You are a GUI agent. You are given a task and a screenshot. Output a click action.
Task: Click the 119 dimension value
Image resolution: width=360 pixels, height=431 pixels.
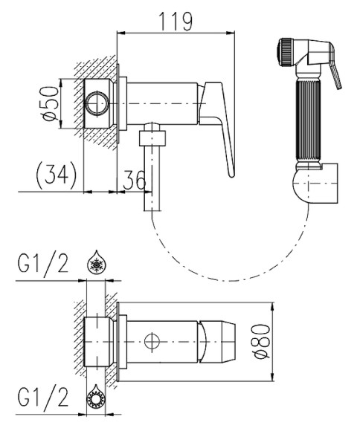(x=176, y=21)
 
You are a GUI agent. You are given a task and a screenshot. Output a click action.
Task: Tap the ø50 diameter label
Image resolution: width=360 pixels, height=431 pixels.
(x=50, y=103)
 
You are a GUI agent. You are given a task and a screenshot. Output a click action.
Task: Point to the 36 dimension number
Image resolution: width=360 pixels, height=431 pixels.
(x=135, y=180)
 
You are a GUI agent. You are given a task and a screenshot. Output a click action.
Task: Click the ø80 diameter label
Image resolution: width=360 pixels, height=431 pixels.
(x=262, y=341)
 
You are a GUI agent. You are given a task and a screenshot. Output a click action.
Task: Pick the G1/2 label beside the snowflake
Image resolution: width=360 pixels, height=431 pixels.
(x=43, y=264)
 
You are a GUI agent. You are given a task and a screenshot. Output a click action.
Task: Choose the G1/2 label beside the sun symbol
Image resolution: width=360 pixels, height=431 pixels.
(x=43, y=398)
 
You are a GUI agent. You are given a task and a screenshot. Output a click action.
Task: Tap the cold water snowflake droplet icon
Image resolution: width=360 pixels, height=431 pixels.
(x=97, y=262)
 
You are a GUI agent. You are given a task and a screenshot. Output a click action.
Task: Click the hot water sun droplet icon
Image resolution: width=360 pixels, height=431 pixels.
(x=97, y=396)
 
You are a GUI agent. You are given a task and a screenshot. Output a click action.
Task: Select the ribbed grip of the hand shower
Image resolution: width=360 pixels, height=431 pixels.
(x=308, y=120)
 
